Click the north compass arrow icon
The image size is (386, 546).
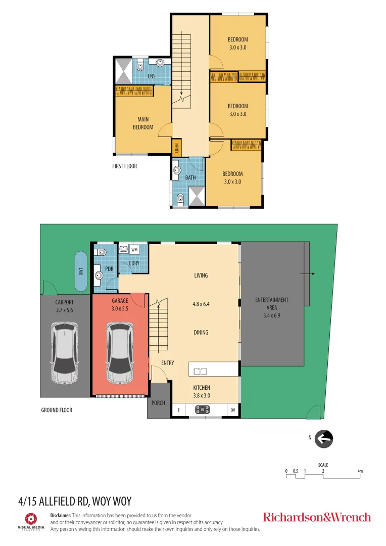tap(323, 439)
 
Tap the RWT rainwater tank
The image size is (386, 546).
tap(81, 271)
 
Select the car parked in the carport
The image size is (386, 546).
tap(65, 353)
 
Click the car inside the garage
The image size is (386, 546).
tap(120, 353)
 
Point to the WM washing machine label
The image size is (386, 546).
tap(134, 249)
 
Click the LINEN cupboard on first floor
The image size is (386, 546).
tap(176, 148)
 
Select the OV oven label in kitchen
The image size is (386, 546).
tap(232, 410)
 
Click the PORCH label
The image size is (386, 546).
tap(158, 403)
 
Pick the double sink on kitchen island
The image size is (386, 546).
tap(200, 372)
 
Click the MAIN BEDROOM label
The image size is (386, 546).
tap(143, 123)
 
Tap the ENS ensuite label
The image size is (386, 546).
tap(152, 76)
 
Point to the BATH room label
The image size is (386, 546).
tap(190, 177)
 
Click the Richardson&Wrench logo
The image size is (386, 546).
tap(317, 517)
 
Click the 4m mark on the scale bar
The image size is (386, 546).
tap(360, 471)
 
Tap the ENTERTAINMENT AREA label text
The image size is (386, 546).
tap(272, 303)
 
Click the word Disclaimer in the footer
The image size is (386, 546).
tap(61, 515)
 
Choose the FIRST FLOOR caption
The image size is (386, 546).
tap(124, 166)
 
